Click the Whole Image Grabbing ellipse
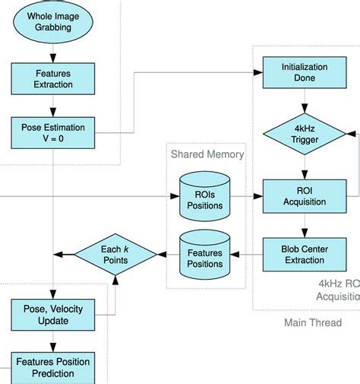(52, 22)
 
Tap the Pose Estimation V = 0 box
(52, 132)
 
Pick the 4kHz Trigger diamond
(305, 134)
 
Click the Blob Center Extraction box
(305, 253)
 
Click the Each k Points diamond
(115, 254)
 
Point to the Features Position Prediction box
(52, 367)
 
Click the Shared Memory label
(207, 154)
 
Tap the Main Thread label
(312, 322)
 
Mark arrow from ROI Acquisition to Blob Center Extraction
(305, 225)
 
